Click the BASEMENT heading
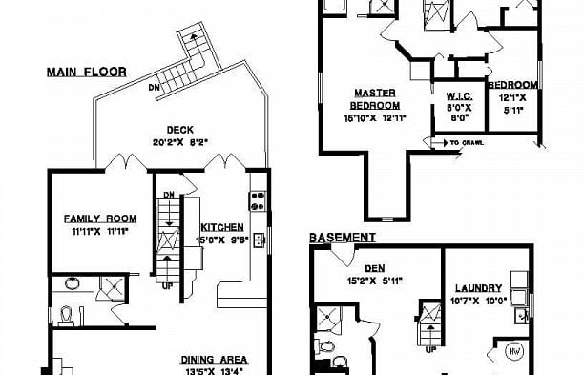[342, 237]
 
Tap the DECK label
[180, 131]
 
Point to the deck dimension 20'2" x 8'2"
[180, 142]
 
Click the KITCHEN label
[223, 227]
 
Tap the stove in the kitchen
[257, 200]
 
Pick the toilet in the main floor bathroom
[67, 312]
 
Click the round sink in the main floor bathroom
[71, 282]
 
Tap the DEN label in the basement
[374, 254]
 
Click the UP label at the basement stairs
[430, 349]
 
